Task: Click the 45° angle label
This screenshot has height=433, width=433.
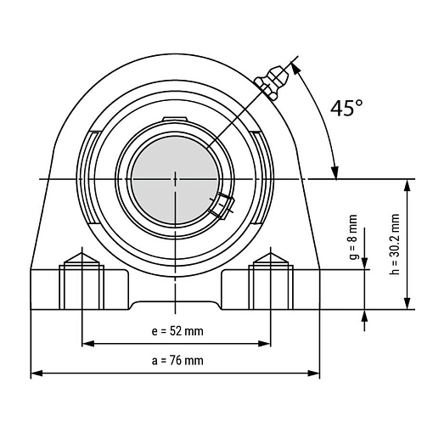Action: pos(346,108)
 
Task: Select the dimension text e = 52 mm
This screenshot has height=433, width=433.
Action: pos(177,331)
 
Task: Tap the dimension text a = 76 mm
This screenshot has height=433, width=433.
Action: pos(177,361)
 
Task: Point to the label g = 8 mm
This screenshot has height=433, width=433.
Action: pos(353,237)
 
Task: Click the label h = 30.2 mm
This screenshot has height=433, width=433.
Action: pos(394,244)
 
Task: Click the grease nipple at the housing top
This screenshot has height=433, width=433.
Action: pos(272,82)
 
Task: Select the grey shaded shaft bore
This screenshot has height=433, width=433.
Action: pos(175,180)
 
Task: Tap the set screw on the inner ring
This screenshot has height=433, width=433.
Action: pos(222,205)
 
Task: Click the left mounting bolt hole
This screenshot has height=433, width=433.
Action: pos(82,287)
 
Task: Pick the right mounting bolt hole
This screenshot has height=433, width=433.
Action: pos(271,287)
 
